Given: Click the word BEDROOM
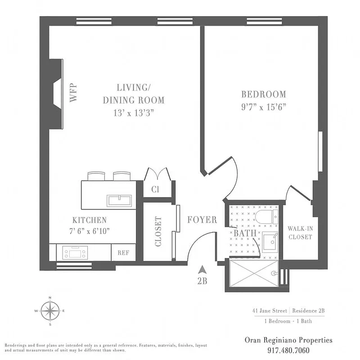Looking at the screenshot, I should tap(264, 94).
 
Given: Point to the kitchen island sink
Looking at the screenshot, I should tap(119, 200).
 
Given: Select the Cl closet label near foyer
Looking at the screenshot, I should tap(155, 189).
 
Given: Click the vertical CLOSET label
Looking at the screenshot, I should tap(158, 232).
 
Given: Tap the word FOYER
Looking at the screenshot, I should tap(202, 220).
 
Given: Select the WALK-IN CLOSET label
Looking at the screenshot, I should tap(300, 233).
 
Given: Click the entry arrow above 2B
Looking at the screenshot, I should tap(202, 270).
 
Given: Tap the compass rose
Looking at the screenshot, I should tap(50, 310).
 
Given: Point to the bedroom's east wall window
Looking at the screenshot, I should tap(320, 151).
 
